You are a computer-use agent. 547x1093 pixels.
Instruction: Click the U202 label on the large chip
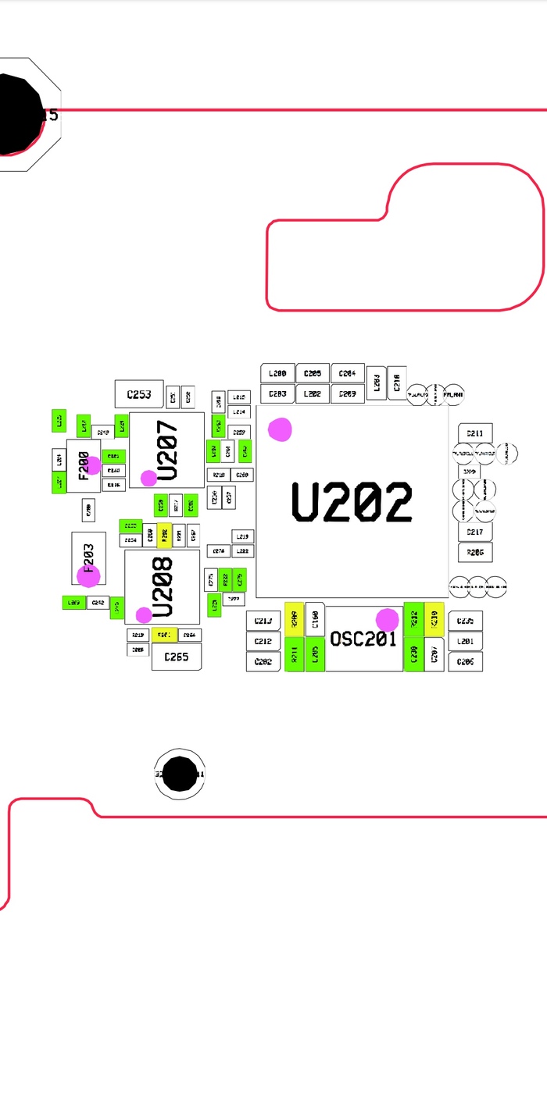[x=352, y=502]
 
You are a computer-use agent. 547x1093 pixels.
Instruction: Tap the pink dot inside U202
[x=280, y=429]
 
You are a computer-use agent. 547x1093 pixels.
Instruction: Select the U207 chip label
[x=168, y=450]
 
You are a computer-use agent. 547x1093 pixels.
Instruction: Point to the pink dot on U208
[x=144, y=614]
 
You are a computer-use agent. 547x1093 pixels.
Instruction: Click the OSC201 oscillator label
[x=363, y=639]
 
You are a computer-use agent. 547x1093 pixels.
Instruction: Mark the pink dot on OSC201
[x=387, y=620]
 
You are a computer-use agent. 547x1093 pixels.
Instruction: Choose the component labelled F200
[x=83, y=465]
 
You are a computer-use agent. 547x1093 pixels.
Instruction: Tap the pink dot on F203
[x=88, y=576]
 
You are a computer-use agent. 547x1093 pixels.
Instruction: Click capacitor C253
[x=139, y=394]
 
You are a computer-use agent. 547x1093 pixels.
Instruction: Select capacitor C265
[x=176, y=657]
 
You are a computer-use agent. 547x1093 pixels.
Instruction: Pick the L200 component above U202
[x=277, y=374]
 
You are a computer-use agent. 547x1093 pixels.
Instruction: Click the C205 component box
[x=313, y=374]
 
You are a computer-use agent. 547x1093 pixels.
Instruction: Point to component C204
[x=348, y=374]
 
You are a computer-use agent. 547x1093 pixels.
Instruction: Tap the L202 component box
[x=313, y=394]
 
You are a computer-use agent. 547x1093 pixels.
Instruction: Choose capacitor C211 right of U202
[x=475, y=433]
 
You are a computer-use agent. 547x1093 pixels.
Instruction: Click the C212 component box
[x=263, y=642]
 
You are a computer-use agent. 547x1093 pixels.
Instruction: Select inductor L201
[x=465, y=642]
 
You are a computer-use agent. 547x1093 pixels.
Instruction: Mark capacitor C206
[x=465, y=661]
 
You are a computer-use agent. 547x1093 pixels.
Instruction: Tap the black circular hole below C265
[x=181, y=774]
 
